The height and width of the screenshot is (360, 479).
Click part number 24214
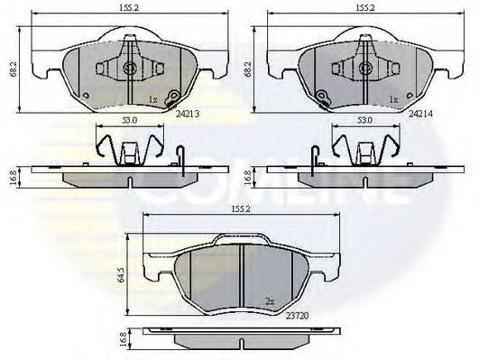point(421,115)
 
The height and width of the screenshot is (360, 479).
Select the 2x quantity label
point(270,301)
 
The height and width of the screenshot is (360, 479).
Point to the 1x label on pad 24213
point(154,99)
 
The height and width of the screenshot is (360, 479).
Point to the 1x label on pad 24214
point(392,99)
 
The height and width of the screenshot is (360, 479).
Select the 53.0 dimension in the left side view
point(130,120)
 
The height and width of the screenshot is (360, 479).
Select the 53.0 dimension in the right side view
point(365,120)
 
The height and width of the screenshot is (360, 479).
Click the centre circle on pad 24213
point(130,69)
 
